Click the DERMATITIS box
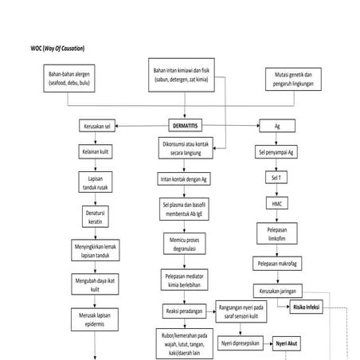[186, 126]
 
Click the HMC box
[272, 203]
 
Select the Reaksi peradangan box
[182, 309]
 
